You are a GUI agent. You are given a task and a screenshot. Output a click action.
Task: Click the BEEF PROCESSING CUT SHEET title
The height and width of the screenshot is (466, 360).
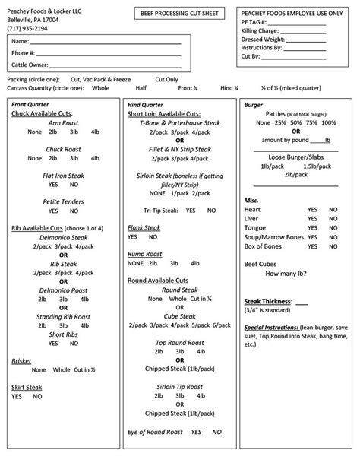[x=181, y=14]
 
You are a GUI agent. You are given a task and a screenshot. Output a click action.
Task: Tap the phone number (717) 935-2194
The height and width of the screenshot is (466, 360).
[x=29, y=28]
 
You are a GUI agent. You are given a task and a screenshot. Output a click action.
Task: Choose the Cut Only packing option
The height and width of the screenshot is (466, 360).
[x=166, y=79]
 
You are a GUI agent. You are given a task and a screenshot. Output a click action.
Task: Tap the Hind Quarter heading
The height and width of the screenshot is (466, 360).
[x=145, y=103]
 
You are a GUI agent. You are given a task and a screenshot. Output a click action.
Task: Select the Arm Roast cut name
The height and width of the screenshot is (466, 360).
[x=63, y=122]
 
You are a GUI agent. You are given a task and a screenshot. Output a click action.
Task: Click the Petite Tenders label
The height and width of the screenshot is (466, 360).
[x=63, y=201]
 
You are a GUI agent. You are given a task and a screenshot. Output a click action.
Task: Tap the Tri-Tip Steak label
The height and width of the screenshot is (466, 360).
[x=162, y=210]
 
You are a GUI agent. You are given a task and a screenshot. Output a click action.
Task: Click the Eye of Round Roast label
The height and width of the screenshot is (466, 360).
[x=159, y=431]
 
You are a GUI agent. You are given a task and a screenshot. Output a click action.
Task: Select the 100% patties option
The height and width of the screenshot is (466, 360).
[x=328, y=122]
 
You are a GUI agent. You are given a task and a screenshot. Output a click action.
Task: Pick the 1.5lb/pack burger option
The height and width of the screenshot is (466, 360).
[x=315, y=166]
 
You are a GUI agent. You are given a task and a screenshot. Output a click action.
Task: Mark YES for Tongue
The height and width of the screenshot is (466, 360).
[x=312, y=227]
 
